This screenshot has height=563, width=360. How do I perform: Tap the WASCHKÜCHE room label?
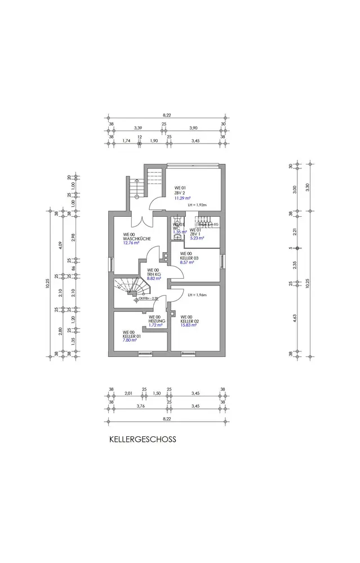(x=136, y=239)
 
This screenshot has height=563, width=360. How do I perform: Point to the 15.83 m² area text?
(x=188, y=325)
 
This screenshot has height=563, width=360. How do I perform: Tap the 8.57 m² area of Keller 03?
(x=187, y=262)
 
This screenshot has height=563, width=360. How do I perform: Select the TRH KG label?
(x=154, y=274)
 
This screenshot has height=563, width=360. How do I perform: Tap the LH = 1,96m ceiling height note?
(x=198, y=295)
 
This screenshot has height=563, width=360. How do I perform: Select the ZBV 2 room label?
(x=180, y=193)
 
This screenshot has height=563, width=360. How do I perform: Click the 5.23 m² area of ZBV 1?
(x=197, y=238)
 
